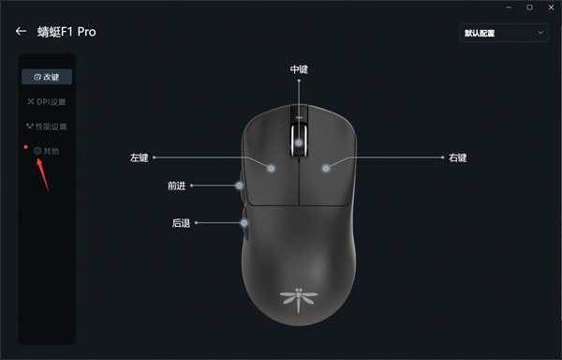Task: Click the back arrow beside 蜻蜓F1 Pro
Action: point(21,32)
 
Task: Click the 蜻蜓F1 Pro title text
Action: point(67,32)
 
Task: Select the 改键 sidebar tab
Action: point(47,76)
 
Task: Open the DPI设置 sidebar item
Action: point(47,101)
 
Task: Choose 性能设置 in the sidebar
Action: point(47,126)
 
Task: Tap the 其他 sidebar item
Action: point(47,150)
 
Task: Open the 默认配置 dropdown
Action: point(503,33)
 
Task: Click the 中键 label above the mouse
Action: point(299,69)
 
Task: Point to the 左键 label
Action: point(140,157)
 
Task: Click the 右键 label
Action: point(458,157)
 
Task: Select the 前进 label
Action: point(177,186)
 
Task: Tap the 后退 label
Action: point(181,223)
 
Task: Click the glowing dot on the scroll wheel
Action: point(299,142)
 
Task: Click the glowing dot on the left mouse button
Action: point(271,169)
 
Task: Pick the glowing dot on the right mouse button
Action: point(326,169)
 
